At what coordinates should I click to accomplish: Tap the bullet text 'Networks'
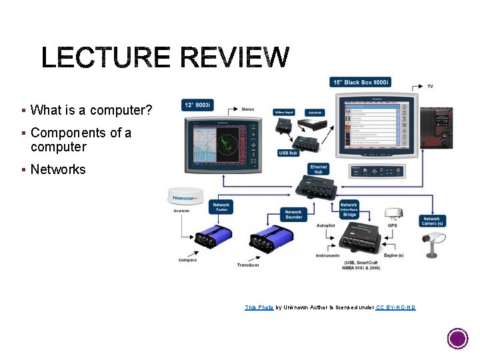(x=58, y=169)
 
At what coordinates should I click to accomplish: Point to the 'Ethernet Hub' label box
(x=319, y=169)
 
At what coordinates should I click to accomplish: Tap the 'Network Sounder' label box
(x=293, y=215)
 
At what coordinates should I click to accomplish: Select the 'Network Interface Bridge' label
(x=349, y=209)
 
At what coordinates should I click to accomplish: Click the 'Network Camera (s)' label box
(x=431, y=221)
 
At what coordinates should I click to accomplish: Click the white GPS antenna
(x=393, y=214)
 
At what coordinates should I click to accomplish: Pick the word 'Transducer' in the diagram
(x=248, y=265)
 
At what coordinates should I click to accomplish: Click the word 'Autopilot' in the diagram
(x=326, y=225)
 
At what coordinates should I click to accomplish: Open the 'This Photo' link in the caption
(x=259, y=307)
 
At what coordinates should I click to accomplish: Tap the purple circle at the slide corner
(x=457, y=338)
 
